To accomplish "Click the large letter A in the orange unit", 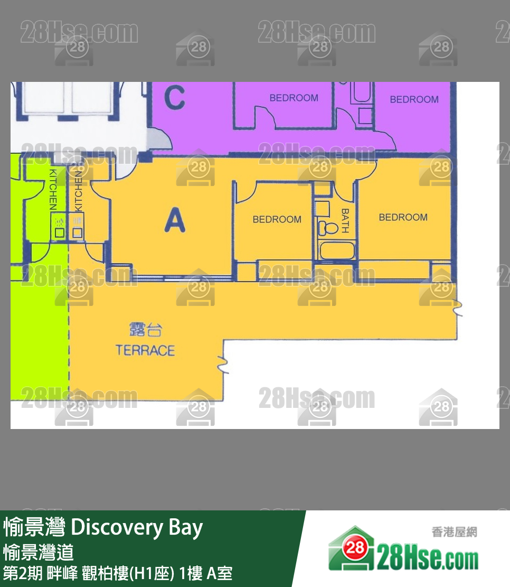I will pos(175,220).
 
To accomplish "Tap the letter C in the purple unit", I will pos(174,98).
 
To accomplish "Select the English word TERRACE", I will pos(145,350).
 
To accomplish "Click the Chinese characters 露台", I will pos(146,330).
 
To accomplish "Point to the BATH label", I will pos(345,221).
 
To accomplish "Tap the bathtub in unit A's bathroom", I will pos(336,250).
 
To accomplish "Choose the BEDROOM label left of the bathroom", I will pos(277,219).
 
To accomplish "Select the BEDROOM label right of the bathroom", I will pos(403,217).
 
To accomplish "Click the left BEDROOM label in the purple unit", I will pos(294,98).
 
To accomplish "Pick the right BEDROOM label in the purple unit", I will pos(414,99).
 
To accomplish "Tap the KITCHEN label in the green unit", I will pos(53,189).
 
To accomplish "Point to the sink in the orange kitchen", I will pos(77,232).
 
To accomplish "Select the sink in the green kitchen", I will pos(60,232).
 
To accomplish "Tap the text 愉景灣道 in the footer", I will pos(38,553).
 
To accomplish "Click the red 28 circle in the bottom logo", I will pos(356,548).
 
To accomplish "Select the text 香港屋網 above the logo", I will pos(454,532).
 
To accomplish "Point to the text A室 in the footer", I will pos(220,573).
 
